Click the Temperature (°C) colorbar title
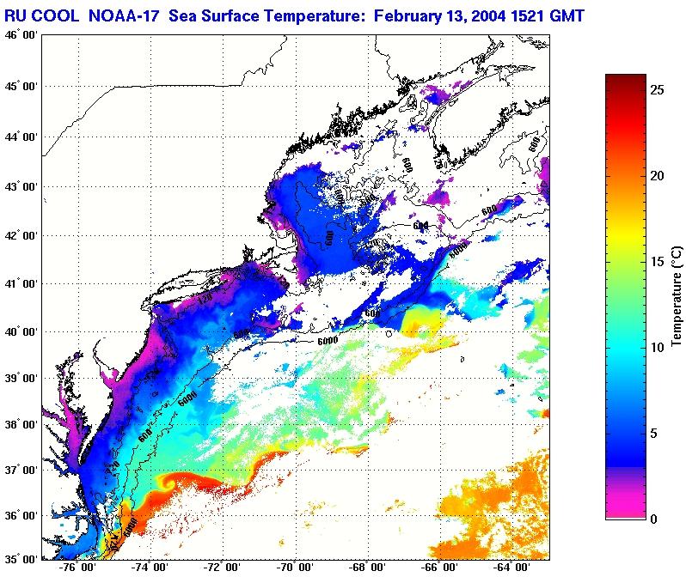pos(677,296)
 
